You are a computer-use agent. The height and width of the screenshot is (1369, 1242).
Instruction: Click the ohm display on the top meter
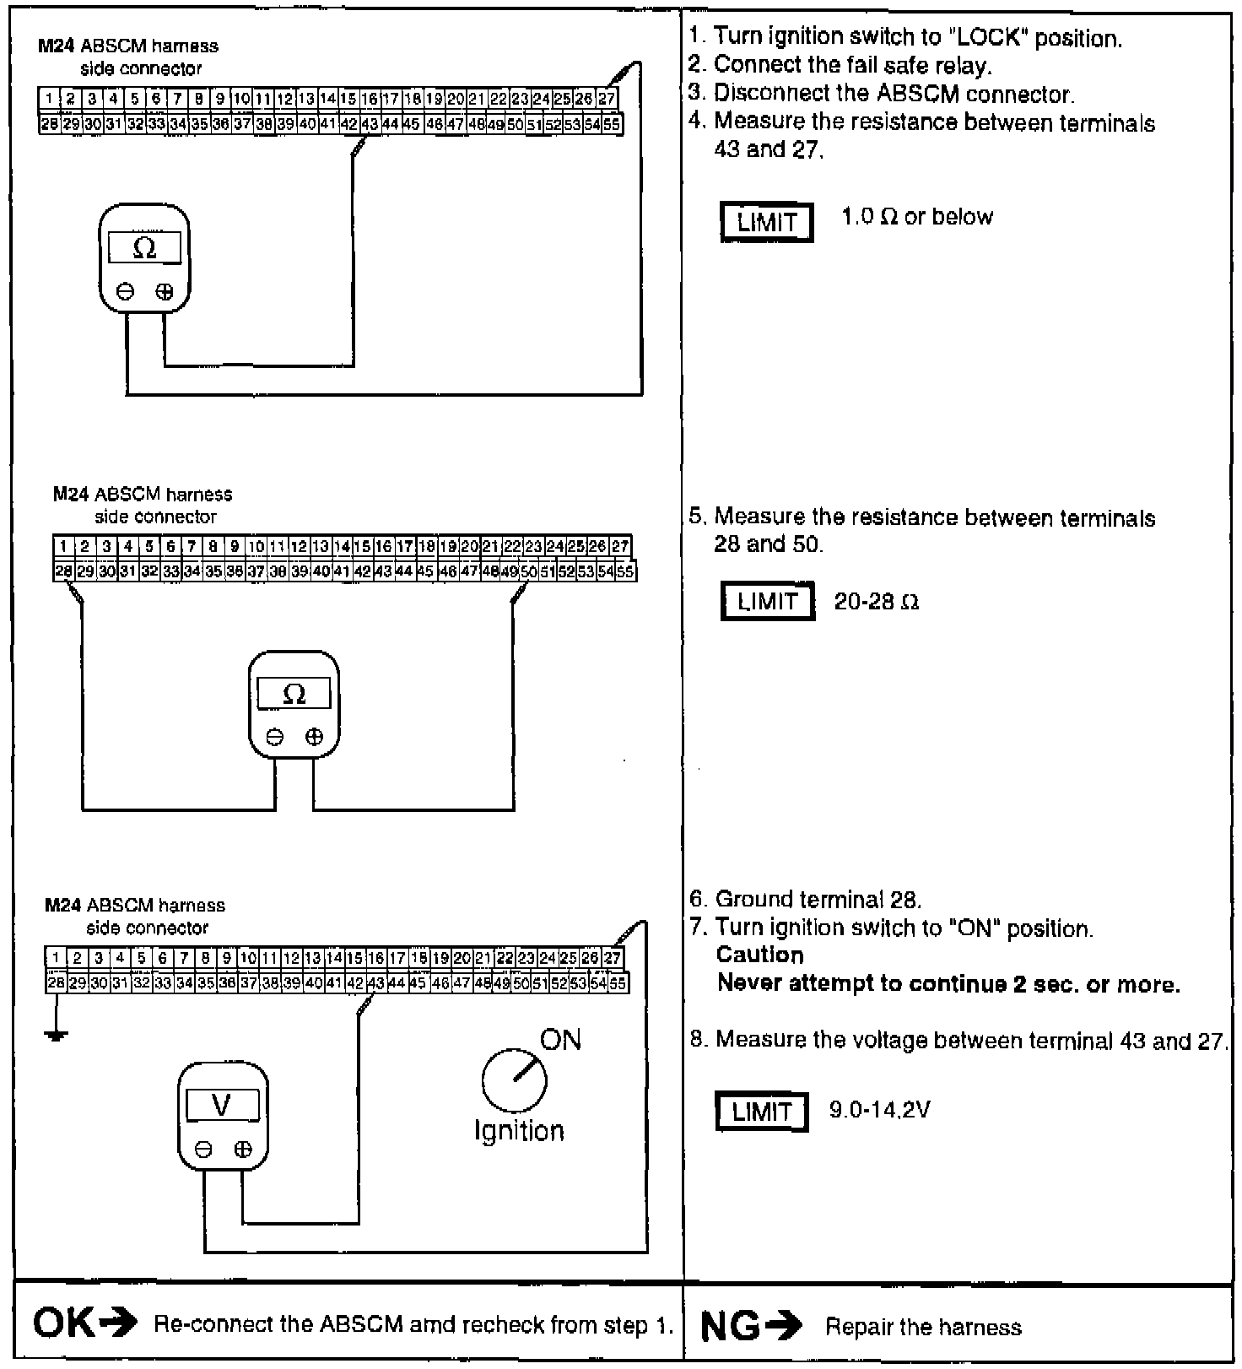[144, 248]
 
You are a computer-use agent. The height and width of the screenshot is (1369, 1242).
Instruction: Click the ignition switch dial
[514, 1080]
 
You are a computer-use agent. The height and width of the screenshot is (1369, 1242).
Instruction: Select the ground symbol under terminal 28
[56, 1034]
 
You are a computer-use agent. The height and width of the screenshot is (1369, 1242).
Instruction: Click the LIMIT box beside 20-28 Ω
[768, 602]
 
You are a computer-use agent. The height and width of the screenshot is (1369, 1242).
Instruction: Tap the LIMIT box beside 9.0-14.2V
[762, 1112]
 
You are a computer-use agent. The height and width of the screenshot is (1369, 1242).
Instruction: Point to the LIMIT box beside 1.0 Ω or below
[767, 223]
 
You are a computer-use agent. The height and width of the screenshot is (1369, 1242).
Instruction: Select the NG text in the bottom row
[730, 1327]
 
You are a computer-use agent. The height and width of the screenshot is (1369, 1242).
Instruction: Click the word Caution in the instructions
[759, 955]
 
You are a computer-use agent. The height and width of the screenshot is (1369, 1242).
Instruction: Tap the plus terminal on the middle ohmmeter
[314, 737]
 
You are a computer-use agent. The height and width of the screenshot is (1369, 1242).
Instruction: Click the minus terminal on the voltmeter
[202, 1149]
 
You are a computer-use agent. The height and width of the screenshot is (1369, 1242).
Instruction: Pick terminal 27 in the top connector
[607, 99]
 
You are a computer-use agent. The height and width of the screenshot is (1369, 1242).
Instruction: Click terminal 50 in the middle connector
[529, 572]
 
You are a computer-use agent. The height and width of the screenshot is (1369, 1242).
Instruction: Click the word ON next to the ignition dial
[560, 1040]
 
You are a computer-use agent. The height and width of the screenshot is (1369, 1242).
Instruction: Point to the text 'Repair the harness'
[923, 1328]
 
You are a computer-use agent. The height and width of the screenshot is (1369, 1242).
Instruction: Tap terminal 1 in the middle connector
[64, 547]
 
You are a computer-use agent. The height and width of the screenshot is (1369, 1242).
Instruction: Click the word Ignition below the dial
[518, 1131]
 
